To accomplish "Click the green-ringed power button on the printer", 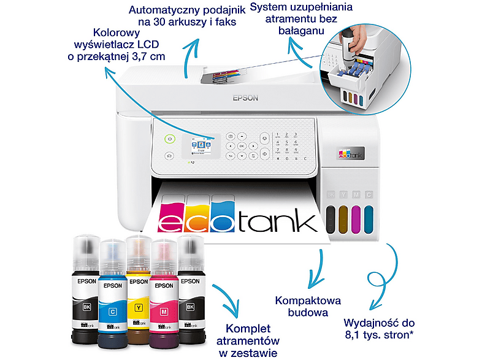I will click(x=170, y=139).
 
